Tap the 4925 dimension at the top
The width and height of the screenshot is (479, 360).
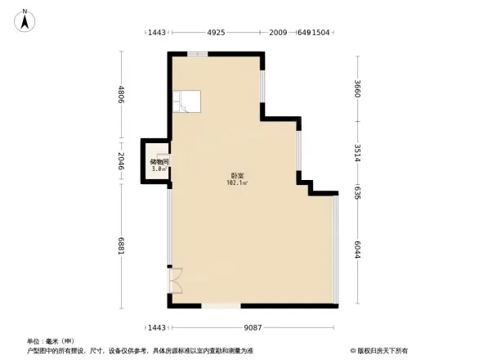[216, 33]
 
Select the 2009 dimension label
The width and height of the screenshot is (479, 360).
[278, 33]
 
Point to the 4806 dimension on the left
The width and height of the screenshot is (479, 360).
[121, 96]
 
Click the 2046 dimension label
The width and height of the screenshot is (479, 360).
[121, 162]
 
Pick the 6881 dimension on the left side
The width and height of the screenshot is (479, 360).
[121, 246]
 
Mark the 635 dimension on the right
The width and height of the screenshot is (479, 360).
[357, 192]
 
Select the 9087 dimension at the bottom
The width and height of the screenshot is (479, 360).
[254, 328]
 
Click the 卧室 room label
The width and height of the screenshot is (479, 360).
[236, 176]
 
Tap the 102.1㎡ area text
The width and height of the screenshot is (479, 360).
[236, 183]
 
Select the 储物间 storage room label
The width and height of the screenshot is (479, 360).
[159, 162]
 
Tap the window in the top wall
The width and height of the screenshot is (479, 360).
[196, 54]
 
